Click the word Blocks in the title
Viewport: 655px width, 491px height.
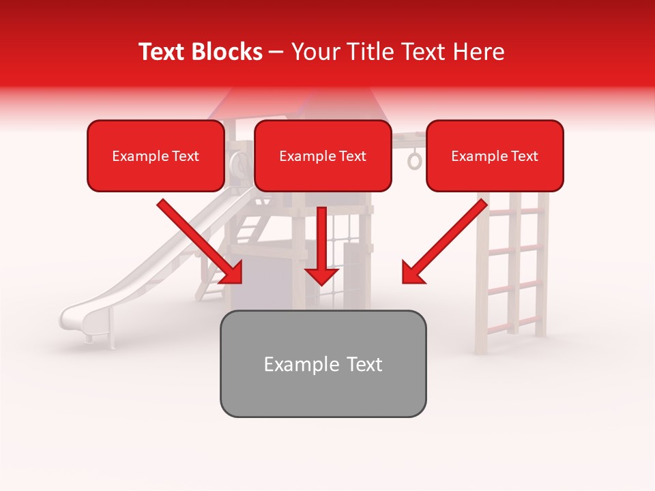228,52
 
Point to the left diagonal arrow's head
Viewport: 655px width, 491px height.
232,273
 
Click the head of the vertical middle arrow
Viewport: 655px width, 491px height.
321,276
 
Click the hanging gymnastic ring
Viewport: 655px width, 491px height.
415,161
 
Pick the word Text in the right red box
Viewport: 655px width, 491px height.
525,156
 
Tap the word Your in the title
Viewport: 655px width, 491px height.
313,52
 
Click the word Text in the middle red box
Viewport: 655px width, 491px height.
353,156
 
